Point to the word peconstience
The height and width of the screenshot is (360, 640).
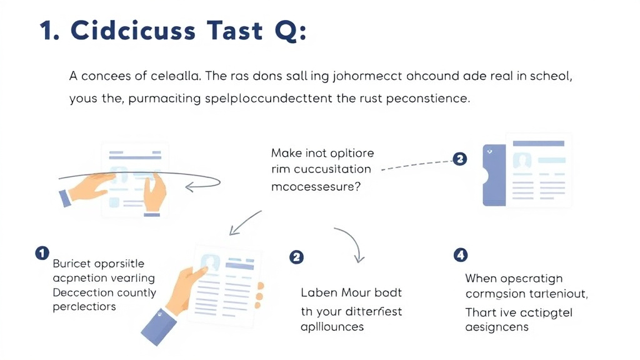418,98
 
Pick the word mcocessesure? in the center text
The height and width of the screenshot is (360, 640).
316,186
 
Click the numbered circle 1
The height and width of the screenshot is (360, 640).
42,253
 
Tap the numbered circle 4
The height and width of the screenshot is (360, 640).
460,254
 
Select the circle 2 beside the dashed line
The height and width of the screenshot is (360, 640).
459,159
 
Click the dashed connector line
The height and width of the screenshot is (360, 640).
416,164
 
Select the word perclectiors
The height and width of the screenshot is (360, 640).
84,306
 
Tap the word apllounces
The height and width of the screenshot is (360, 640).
332,326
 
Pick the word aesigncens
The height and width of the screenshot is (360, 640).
497,327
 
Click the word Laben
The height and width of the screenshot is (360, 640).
319,292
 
